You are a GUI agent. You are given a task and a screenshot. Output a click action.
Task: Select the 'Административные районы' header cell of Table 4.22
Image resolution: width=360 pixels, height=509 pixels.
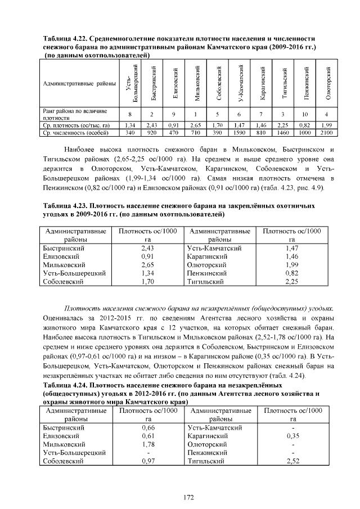(x=79, y=84)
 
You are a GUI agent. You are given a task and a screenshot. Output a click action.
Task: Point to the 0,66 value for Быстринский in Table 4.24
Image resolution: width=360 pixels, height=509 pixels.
(x=148, y=427)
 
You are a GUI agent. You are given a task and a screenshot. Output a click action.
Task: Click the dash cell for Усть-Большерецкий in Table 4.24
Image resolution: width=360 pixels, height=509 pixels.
(x=148, y=453)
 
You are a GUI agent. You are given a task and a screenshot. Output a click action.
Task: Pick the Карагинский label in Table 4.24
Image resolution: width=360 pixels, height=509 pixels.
(x=207, y=436)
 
